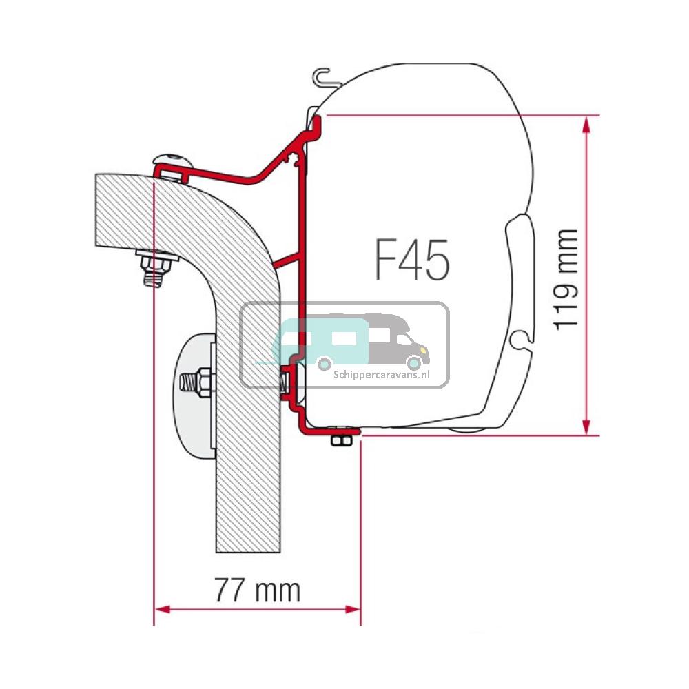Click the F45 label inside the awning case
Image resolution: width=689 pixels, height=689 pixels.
pyautogui.click(x=413, y=260)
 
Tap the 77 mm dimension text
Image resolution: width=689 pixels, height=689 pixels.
pyautogui.click(x=257, y=590)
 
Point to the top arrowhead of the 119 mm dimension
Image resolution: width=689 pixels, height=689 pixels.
pyautogui.click(x=586, y=123)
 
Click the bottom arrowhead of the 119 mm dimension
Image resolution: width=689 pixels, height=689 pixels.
pyautogui.click(x=586, y=428)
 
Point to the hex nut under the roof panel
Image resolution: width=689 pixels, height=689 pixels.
pyautogui.click(x=152, y=264)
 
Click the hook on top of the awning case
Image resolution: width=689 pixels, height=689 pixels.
pyautogui.click(x=320, y=76)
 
